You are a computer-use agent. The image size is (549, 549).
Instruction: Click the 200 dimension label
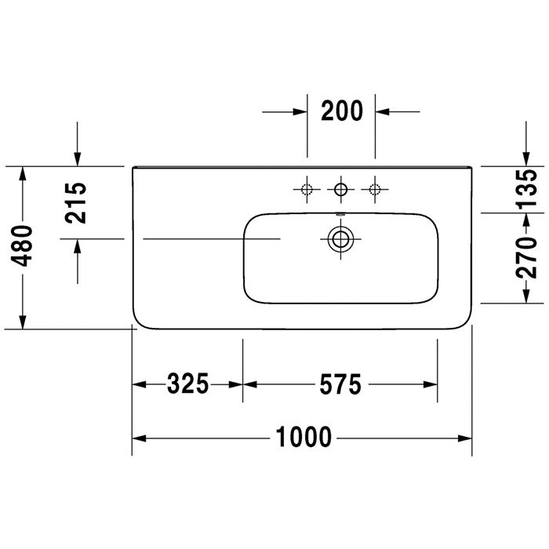tap(342, 111)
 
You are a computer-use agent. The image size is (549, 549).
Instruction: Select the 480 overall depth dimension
tap(22, 245)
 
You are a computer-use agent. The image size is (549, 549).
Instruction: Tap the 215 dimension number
tap(75, 203)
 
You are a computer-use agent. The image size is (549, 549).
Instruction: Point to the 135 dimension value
tap(526, 189)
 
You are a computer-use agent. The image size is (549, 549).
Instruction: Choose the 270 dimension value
tap(526, 258)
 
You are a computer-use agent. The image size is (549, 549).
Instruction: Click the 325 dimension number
tap(187, 384)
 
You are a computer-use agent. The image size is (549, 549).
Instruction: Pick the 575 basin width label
tap(340, 384)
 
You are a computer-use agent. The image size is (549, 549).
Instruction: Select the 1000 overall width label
tap(304, 437)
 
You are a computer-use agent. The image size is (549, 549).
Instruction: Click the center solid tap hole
tap(340, 190)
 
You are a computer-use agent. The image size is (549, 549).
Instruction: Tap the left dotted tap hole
tap(307, 190)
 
